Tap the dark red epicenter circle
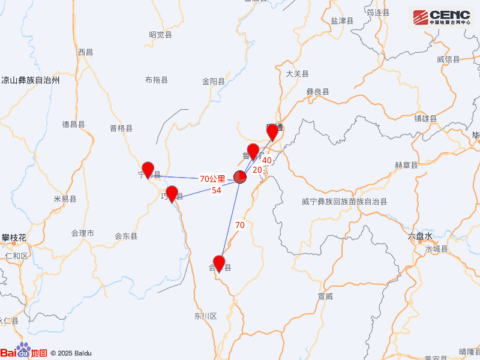coord(239,176)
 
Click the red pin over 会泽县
coord(219,263)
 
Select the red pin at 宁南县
coord(148,170)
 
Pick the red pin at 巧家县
coord(172,194)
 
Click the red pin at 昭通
coord(273,132)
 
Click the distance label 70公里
coord(212,179)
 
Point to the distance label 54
coord(217,190)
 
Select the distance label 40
coord(267,160)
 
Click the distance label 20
coord(257,170)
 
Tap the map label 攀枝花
coord(14,238)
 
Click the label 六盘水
coord(419,237)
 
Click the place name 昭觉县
coord(160,35)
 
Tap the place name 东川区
coord(205,316)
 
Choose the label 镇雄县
coord(425,118)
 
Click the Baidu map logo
coord(23,353)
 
